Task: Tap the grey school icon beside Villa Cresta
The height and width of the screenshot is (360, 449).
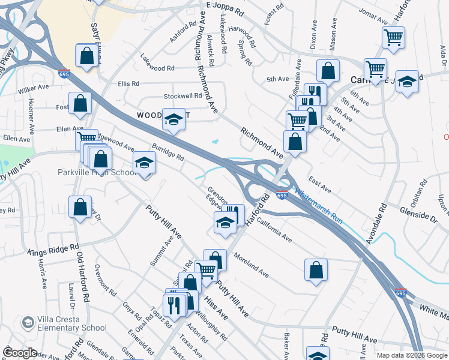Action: (27, 323)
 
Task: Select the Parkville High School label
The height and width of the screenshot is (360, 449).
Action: (98, 173)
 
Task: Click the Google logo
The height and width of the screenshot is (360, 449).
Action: (19, 353)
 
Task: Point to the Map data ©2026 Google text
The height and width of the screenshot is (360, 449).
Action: (411, 355)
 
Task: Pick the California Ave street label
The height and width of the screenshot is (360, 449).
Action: (274, 230)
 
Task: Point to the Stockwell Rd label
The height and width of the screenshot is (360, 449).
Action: (183, 96)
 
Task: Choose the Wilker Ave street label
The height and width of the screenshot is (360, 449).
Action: (33, 88)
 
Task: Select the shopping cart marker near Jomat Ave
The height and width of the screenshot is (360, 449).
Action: (393, 37)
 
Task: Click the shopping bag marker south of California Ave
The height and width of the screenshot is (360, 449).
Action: (316, 270)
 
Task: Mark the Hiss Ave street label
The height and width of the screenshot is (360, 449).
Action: (215, 307)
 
